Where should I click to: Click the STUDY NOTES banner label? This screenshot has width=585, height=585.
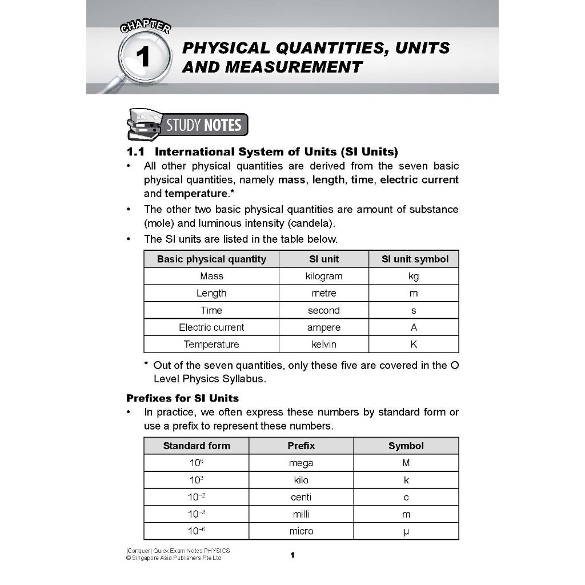[203, 125]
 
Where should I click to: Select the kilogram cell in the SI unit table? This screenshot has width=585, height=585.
[324, 276]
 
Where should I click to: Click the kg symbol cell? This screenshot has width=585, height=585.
[414, 276]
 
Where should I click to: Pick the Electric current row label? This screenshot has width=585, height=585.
[211, 327]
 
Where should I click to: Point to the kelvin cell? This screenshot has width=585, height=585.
[324, 344]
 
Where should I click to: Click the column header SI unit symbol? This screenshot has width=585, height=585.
[415, 259]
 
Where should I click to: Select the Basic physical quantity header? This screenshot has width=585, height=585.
[211, 259]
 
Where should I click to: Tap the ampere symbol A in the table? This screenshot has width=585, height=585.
[414, 327]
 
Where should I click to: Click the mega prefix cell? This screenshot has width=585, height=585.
[301, 463]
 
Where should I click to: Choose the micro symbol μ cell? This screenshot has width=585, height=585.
[406, 531]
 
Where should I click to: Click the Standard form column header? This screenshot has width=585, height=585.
[197, 446]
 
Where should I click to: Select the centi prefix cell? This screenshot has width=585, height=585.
[301, 497]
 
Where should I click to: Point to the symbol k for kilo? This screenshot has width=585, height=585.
[406, 480]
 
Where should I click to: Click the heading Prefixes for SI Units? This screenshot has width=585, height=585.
[182, 398]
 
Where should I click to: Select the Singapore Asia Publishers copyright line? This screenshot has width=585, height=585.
[174, 558]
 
